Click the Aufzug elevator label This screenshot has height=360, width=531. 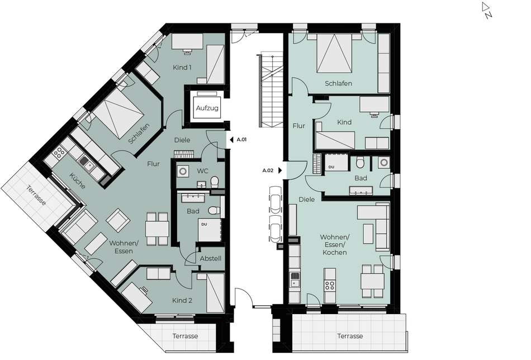click(x=207, y=108)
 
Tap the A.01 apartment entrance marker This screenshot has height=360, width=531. click(x=238, y=140)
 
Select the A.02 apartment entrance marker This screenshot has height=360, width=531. click(x=272, y=170)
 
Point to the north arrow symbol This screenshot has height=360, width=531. click(x=487, y=10)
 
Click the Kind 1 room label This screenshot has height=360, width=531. click(x=182, y=68)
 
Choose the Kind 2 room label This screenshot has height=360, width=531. click(x=182, y=300)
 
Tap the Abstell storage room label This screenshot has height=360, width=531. click(x=210, y=258)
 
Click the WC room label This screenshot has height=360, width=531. click(x=202, y=171)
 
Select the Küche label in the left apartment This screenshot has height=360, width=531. click(x=78, y=181)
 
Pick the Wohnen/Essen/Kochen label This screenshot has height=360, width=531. click(x=335, y=244)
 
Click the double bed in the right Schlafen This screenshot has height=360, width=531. click(x=334, y=53)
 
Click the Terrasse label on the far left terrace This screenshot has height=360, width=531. click(x=36, y=196)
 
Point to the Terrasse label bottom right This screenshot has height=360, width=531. click(x=350, y=336)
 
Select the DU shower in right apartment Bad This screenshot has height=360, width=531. click(x=336, y=162)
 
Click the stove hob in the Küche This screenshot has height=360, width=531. click(x=59, y=153)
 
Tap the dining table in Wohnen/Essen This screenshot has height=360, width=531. click(x=158, y=229)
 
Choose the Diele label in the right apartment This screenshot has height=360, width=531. click(x=306, y=200)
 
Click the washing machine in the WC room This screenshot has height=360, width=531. click(x=183, y=171)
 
